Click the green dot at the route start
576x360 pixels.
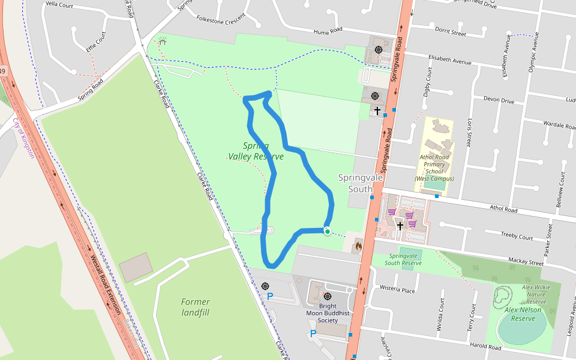click(x=327, y=231)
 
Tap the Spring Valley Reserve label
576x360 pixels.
click(x=256, y=151)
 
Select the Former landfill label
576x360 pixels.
click(x=196, y=307)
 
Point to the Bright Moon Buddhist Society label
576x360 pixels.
click(x=328, y=313)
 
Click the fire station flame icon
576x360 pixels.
click(x=359, y=245)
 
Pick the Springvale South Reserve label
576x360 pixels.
click(x=403, y=259)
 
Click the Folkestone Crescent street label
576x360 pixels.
click(x=221, y=19)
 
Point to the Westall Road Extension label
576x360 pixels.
click(x=105, y=286)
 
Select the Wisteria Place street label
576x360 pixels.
click(x=397, y=290)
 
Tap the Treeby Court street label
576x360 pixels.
click(x=517, y=238)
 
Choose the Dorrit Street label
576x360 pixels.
click(x=451, y=33)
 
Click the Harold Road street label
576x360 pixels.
click(x=485, y=347)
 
